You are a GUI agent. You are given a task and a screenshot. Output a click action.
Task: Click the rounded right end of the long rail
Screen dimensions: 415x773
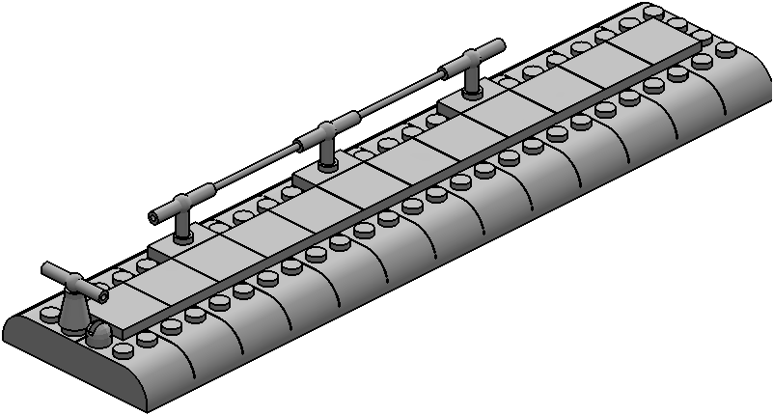(x=499, y=44)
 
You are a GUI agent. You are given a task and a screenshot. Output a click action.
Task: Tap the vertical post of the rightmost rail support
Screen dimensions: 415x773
(x=472, y=82)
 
